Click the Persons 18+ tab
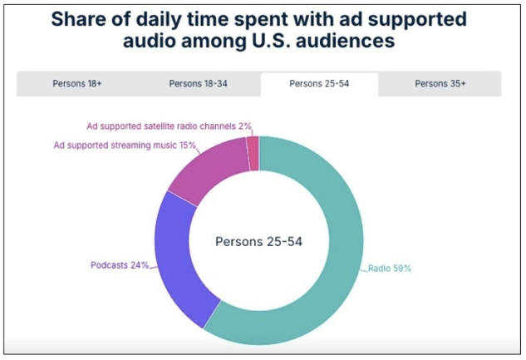pos(77,83)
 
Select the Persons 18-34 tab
pos(198,83)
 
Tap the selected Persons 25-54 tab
pos(319,83)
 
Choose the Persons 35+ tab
pos(440,83)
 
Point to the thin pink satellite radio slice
pos(253,150)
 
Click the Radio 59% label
pos(390,269)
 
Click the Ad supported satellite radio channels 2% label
pos(169,126)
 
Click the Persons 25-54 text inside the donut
pos(258,242)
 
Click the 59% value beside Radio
pos(402,269)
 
